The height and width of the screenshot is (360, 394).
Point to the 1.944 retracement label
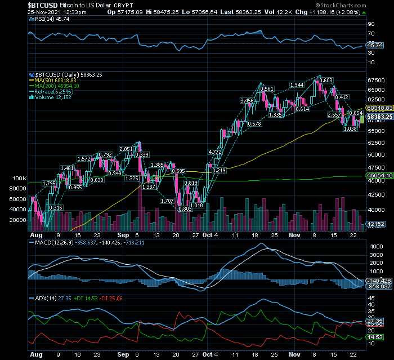pos(297,85)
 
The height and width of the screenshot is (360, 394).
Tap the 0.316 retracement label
pos(56,208)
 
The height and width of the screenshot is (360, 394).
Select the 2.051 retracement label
pos(126,149)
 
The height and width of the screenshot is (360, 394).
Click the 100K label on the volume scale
pos(19,178)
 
